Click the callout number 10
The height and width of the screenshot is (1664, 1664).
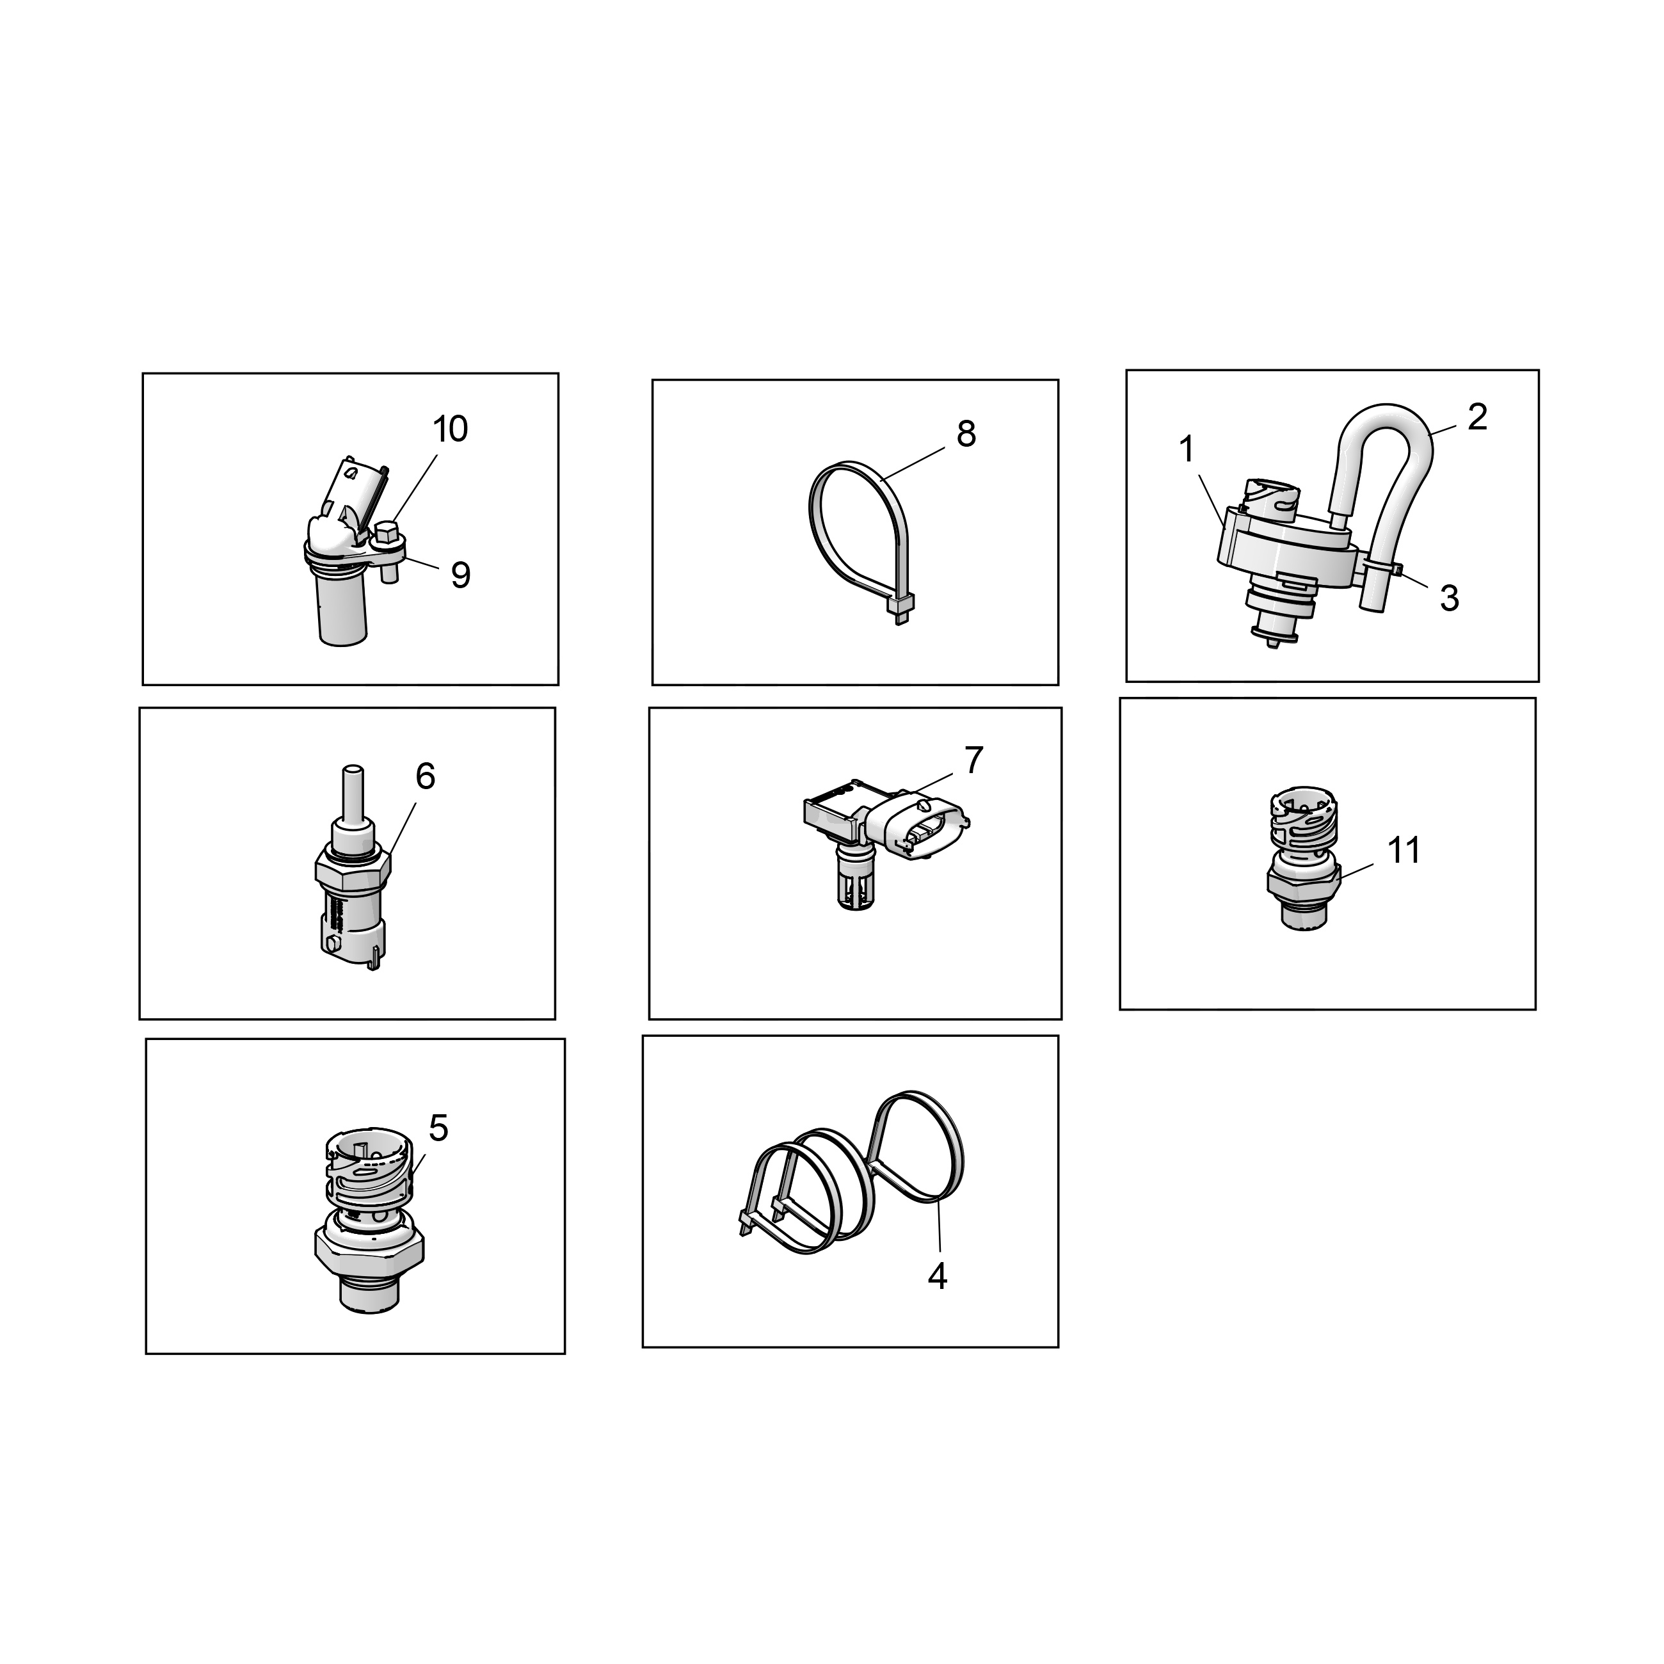pos(449,429)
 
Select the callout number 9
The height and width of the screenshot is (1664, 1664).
pos(461,575)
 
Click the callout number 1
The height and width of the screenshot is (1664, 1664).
pos(1187,449)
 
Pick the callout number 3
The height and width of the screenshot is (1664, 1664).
pos(1450,598)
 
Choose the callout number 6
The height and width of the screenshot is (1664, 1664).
pos(426,777)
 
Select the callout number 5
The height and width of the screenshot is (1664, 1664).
pos(438,1128)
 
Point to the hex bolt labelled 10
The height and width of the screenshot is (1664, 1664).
pos(387,536)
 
